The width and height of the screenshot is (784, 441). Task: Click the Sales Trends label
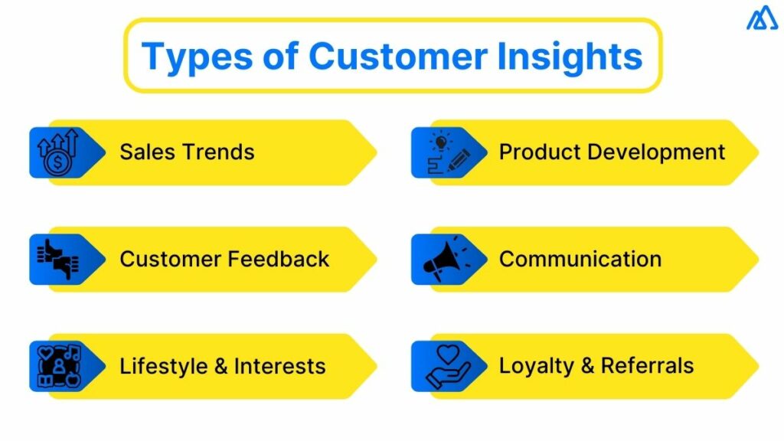click(x=187, y=152)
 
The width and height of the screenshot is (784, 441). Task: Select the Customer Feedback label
click(x=224, y=259)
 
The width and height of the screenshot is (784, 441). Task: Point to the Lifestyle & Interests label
click(x=222, y=366)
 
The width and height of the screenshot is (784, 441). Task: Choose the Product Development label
click(x=612, y=152)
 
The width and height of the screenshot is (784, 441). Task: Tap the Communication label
click(x=580, y=259)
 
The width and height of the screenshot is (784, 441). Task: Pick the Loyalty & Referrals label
click(x=596, y=366)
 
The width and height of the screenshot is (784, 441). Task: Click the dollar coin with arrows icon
click(x=58, y=152)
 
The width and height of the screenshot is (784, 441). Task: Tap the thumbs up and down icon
click(x=58, y=260)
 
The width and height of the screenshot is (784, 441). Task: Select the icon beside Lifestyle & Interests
click(x=58, y=367)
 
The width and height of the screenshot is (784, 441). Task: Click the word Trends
click(x=218, y=152)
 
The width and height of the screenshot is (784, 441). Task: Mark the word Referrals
click(x=647, y=366)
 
